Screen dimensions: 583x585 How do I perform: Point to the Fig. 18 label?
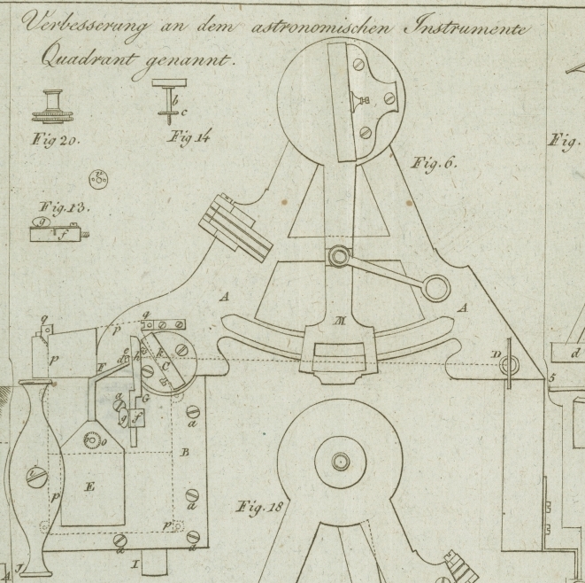[x=258, y=508]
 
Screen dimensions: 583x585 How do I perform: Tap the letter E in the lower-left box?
[x=89, y=486]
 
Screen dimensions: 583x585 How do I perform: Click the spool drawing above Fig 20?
[x=56, y=105]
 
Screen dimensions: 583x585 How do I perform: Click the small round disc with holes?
[x=99, y=179]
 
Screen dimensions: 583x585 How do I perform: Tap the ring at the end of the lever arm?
[x=435, y=286]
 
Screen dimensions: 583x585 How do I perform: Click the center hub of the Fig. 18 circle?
[x=341, y=461]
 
